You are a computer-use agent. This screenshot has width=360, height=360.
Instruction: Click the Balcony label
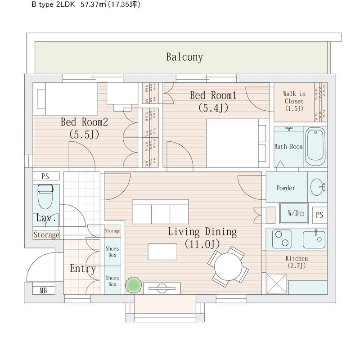tap(184, 57)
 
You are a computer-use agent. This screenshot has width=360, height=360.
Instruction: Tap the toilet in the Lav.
tap(45, 197)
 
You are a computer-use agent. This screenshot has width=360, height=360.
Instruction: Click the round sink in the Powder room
tap(316, 187)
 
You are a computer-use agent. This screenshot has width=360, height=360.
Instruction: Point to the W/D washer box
tap(294, 213)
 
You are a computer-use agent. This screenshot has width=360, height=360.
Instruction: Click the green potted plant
tap(133, 285)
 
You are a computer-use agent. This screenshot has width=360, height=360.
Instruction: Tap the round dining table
tap(228, 266)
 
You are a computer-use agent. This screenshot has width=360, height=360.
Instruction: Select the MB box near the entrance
tap(44, 290)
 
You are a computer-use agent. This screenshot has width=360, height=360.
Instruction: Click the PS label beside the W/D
tap(319, 215)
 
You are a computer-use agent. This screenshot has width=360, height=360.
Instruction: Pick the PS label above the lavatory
tap(45, 176)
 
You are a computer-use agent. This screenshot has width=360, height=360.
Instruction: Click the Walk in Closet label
tap(294, 101)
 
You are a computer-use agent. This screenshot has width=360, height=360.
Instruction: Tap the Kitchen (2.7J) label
tap(297, 262)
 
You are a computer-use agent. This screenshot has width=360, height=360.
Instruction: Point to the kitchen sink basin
tap(314, 240)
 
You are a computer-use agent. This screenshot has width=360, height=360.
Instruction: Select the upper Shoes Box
tap(112, 252)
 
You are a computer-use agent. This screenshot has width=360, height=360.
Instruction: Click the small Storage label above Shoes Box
tap(112, 231)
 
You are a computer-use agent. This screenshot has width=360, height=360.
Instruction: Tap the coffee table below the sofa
tap(162, 252)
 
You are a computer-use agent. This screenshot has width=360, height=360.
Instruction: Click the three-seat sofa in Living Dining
tap(161, 211)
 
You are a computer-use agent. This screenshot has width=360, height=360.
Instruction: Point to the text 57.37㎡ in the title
tap(93, 4)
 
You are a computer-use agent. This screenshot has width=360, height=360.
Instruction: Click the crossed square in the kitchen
tap(276, 284)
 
